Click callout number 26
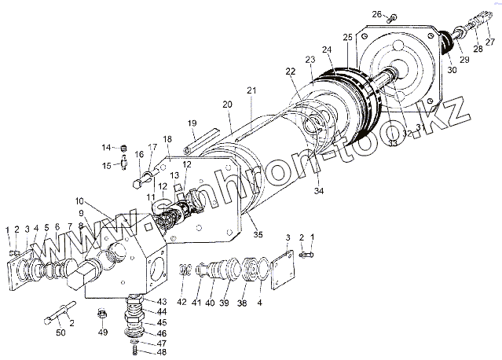376,14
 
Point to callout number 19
191,123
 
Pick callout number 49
101,332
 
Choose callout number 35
257,233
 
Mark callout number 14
106,147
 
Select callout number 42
181,301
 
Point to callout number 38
241,302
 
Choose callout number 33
390,145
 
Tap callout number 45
161,322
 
